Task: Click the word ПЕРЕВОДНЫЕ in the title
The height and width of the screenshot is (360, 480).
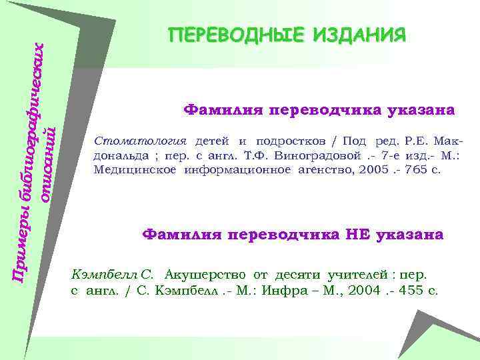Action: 225,34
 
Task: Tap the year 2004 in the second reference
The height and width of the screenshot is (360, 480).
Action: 363,291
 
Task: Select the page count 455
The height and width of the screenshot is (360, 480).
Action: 411,291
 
